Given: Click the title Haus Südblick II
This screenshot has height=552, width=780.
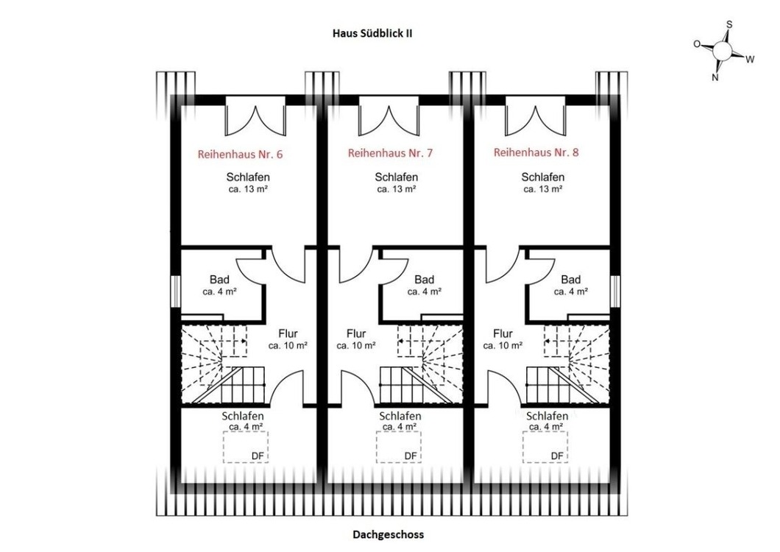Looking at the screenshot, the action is tap(372, 33).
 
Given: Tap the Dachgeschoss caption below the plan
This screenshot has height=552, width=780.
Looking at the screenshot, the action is tap(389, 534).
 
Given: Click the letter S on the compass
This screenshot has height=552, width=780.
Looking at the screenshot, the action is tap(729, 24).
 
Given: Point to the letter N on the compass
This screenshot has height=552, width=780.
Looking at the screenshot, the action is tap(715, 77).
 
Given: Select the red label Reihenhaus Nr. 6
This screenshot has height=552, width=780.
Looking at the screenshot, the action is tap(241, 155).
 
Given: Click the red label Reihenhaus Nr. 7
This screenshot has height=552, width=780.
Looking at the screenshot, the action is tap(390, 153).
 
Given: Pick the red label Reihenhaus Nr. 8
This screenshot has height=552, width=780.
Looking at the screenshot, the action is tap(536, 152).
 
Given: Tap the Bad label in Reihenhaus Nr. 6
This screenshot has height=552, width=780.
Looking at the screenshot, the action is tap(219, 280).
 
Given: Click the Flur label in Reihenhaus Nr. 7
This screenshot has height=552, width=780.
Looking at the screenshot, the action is tap(356, 333).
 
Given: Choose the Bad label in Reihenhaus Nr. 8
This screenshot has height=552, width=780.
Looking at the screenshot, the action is tap(571, 280).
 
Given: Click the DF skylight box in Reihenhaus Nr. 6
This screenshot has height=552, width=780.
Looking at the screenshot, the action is tap(246, 447).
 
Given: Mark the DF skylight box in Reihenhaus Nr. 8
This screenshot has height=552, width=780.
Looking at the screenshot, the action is tap(545, 447).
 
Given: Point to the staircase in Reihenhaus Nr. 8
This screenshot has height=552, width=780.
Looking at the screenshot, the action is tap(568, 364).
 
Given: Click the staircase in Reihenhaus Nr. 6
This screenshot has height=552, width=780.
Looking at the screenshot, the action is tap(223, 364).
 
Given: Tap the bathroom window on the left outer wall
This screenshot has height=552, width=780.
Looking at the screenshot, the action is tap(175, 291).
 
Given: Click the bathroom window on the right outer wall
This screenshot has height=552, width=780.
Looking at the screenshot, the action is tap(615, 291).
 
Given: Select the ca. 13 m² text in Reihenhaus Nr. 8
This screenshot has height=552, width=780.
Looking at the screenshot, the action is tap(543, 189).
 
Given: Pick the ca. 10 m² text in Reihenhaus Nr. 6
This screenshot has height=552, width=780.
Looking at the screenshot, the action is tap(288, 345).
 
